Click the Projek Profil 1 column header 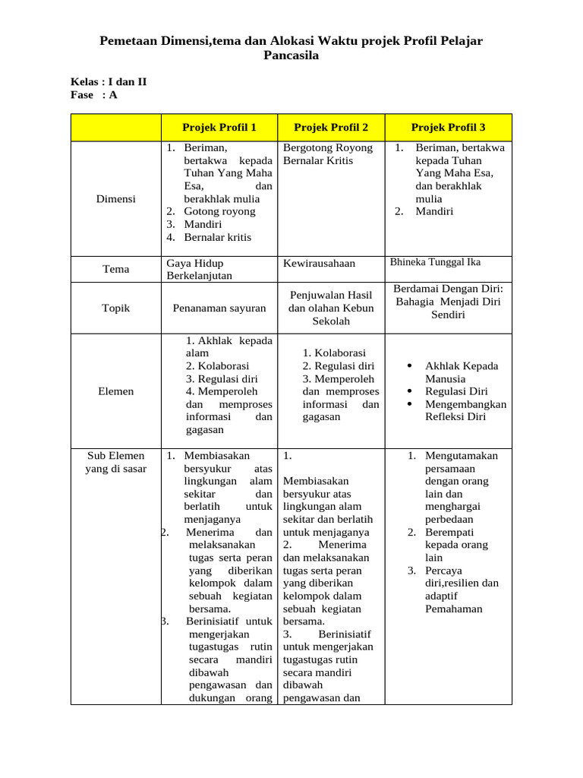219,127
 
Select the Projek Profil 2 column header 331,127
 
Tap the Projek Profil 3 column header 448,127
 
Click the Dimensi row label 116,199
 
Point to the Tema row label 116,269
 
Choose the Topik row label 116,308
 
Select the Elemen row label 116,391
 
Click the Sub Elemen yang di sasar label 116,462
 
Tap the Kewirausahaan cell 319,263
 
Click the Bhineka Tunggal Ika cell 435,262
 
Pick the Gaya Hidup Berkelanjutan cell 199,269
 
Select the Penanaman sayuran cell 219,308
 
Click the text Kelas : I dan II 109,81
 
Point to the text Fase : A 94,95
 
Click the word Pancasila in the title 291,55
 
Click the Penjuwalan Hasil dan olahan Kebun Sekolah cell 331,308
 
